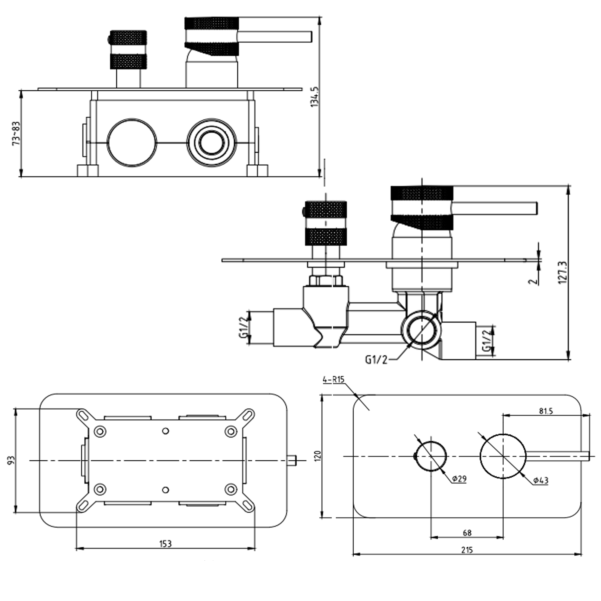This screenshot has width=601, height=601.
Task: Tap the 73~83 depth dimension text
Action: coord(16,133)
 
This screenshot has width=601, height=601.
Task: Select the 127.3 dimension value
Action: coord(563,272)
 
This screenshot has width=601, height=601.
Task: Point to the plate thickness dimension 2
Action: coord(533,281)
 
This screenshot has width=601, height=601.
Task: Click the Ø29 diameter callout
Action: coord(459,479)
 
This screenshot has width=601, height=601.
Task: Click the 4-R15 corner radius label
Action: coord(333,380)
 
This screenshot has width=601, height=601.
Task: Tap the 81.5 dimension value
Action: coord(546,411)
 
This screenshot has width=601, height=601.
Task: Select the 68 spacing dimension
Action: coord(467,533)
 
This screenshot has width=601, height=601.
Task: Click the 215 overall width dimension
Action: coord(467,550)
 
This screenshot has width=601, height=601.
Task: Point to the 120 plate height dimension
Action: coord(317,456)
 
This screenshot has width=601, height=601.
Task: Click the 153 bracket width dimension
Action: coord(165,544)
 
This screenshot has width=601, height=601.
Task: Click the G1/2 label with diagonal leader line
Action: coord(376,360)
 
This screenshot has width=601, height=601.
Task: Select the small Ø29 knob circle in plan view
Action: coord(431,456)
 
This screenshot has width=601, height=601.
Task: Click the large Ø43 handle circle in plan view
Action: coord(503,456)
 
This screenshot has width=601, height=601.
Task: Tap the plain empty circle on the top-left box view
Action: coord(132,143)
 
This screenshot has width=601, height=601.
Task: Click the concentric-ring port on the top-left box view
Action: coord(212,143)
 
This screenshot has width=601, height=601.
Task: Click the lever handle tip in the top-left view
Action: coord(309,36)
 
